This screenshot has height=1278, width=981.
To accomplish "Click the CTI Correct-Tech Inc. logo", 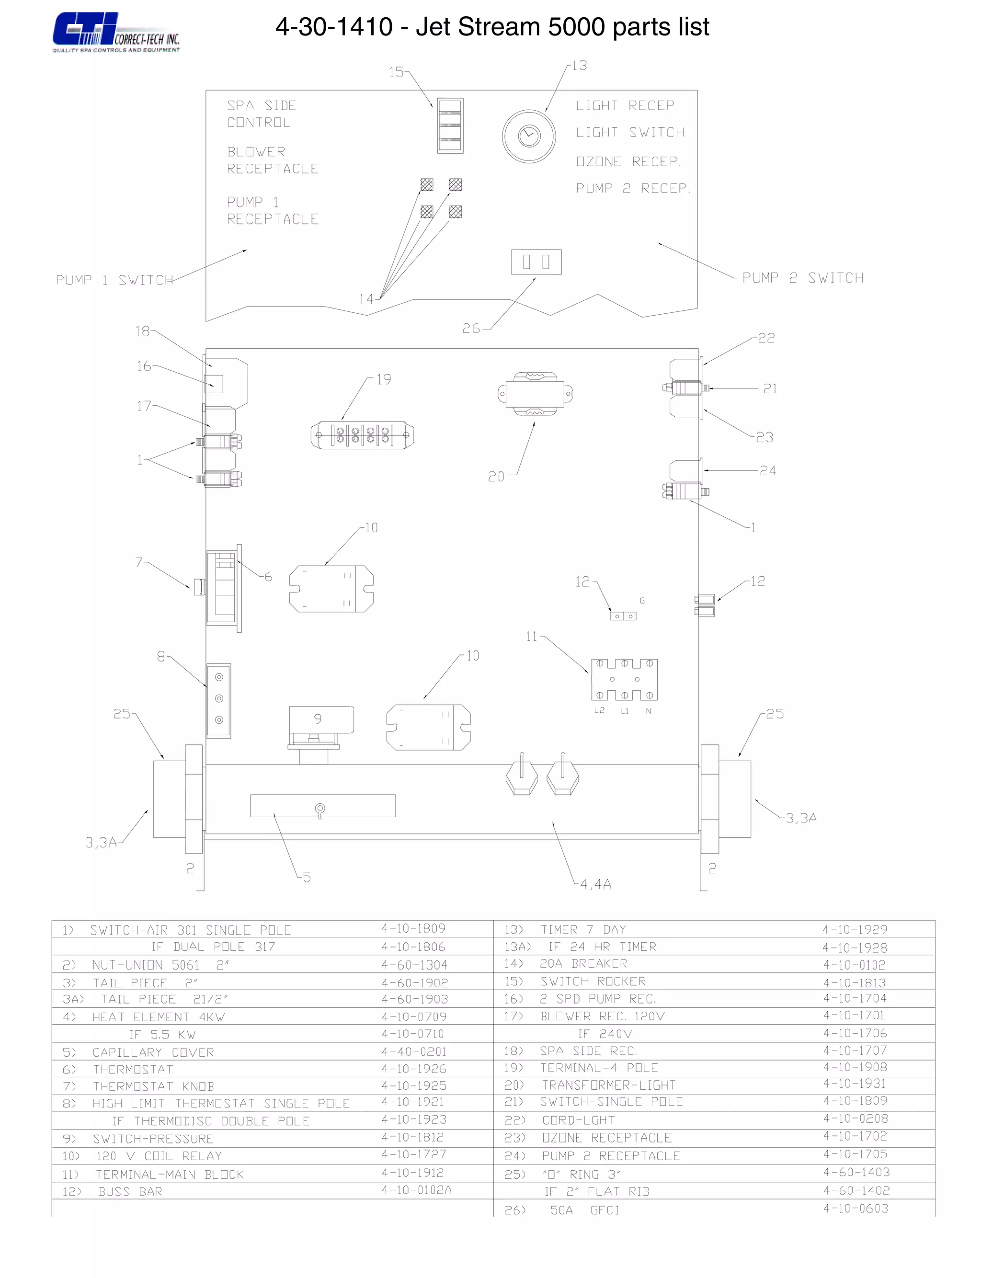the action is coord(115,33).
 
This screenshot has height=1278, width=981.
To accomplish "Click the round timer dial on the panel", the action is coord(529,136).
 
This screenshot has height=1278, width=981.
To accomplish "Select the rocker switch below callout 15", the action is coord(450,126).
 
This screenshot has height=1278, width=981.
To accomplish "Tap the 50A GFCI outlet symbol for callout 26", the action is coord(536,262).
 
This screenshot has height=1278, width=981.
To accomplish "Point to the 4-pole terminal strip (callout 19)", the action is coord(362,435).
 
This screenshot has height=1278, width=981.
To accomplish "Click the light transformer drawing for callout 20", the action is coord(535,394).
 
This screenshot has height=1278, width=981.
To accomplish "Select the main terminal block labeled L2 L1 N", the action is coord(624,680).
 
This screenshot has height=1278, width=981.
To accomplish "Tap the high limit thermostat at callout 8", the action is coord(219,699).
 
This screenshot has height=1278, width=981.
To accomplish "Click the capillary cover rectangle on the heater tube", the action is coord(322,806).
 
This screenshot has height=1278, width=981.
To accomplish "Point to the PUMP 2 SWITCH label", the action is coord(802,278).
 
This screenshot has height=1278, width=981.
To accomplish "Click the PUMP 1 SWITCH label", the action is coord(114,280).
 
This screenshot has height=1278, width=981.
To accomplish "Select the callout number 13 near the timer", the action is coord(579,66).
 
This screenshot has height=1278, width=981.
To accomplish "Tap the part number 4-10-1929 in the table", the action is coord(854,929).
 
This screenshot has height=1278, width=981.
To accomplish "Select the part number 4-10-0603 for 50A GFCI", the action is coord(856,1208).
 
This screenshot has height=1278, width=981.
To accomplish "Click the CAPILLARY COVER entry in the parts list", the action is coord(153,1052).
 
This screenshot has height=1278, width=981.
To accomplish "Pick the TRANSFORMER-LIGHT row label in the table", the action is coord(608,1085).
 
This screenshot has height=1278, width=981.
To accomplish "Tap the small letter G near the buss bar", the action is coord(642,601).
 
